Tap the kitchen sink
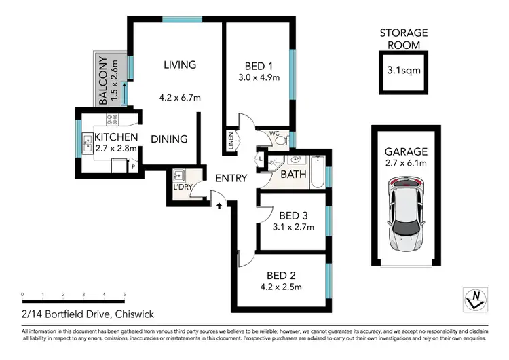pyautogui.click(x=88, y=143)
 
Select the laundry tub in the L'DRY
pyautogui.click(x=181, y=175)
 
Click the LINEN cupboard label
pyautogui.click(x=231, y=142)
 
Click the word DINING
pyautogui.click(x=169, y=139)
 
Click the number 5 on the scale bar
pyautogui.click(x=124, y=295)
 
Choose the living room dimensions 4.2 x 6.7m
pyautogui.click(x=180, y=98)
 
